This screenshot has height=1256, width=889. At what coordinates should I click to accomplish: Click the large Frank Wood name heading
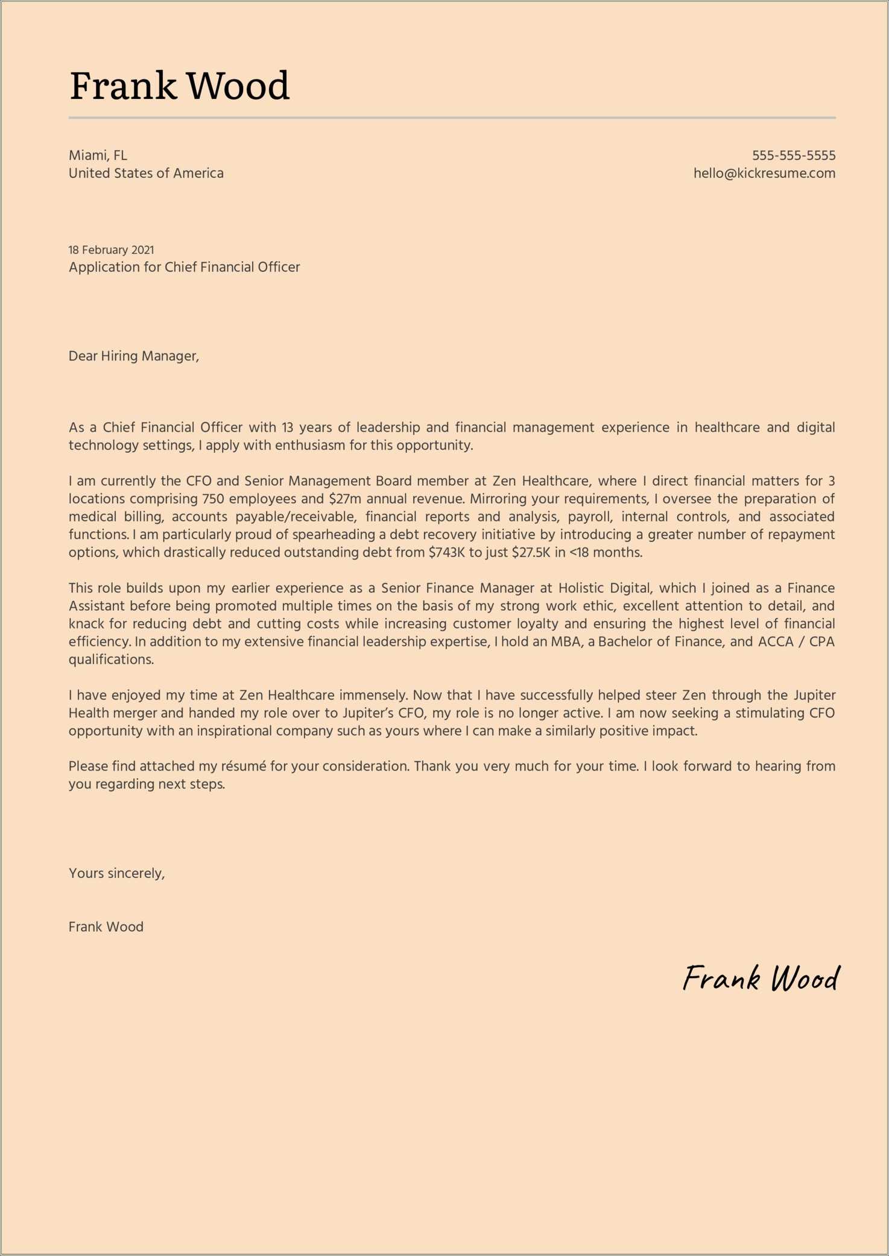(x=179, y=85)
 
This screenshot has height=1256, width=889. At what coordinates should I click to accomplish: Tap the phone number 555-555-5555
(x=793, y=156)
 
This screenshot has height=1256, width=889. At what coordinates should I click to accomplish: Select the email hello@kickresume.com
(x=764, y=174)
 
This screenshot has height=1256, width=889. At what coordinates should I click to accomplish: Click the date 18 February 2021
(x=111, y=250)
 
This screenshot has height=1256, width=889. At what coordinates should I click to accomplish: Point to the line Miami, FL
(x=98, y=156)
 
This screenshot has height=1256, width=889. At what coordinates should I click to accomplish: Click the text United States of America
(x=146, y=174)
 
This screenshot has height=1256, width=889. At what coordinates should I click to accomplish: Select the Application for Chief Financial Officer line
(x=184, y=267)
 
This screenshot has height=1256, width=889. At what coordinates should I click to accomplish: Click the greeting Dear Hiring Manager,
(x=133, y=356)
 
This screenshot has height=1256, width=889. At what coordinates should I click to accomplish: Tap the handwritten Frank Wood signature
(x=760, y=979)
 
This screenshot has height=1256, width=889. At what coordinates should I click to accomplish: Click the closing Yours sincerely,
(x=116, y=874)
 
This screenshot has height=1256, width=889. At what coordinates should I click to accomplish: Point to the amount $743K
(x=446, y=553)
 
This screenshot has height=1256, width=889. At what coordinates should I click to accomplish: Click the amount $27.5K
(x=531, y=553)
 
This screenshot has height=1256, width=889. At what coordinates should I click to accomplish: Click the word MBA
(x=566, y=642)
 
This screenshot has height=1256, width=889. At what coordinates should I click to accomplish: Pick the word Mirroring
(x=498, y=499)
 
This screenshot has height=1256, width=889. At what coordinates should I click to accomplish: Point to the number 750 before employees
(x=214, y=499)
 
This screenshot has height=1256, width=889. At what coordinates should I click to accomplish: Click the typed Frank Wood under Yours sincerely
(x=106, y=927)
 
